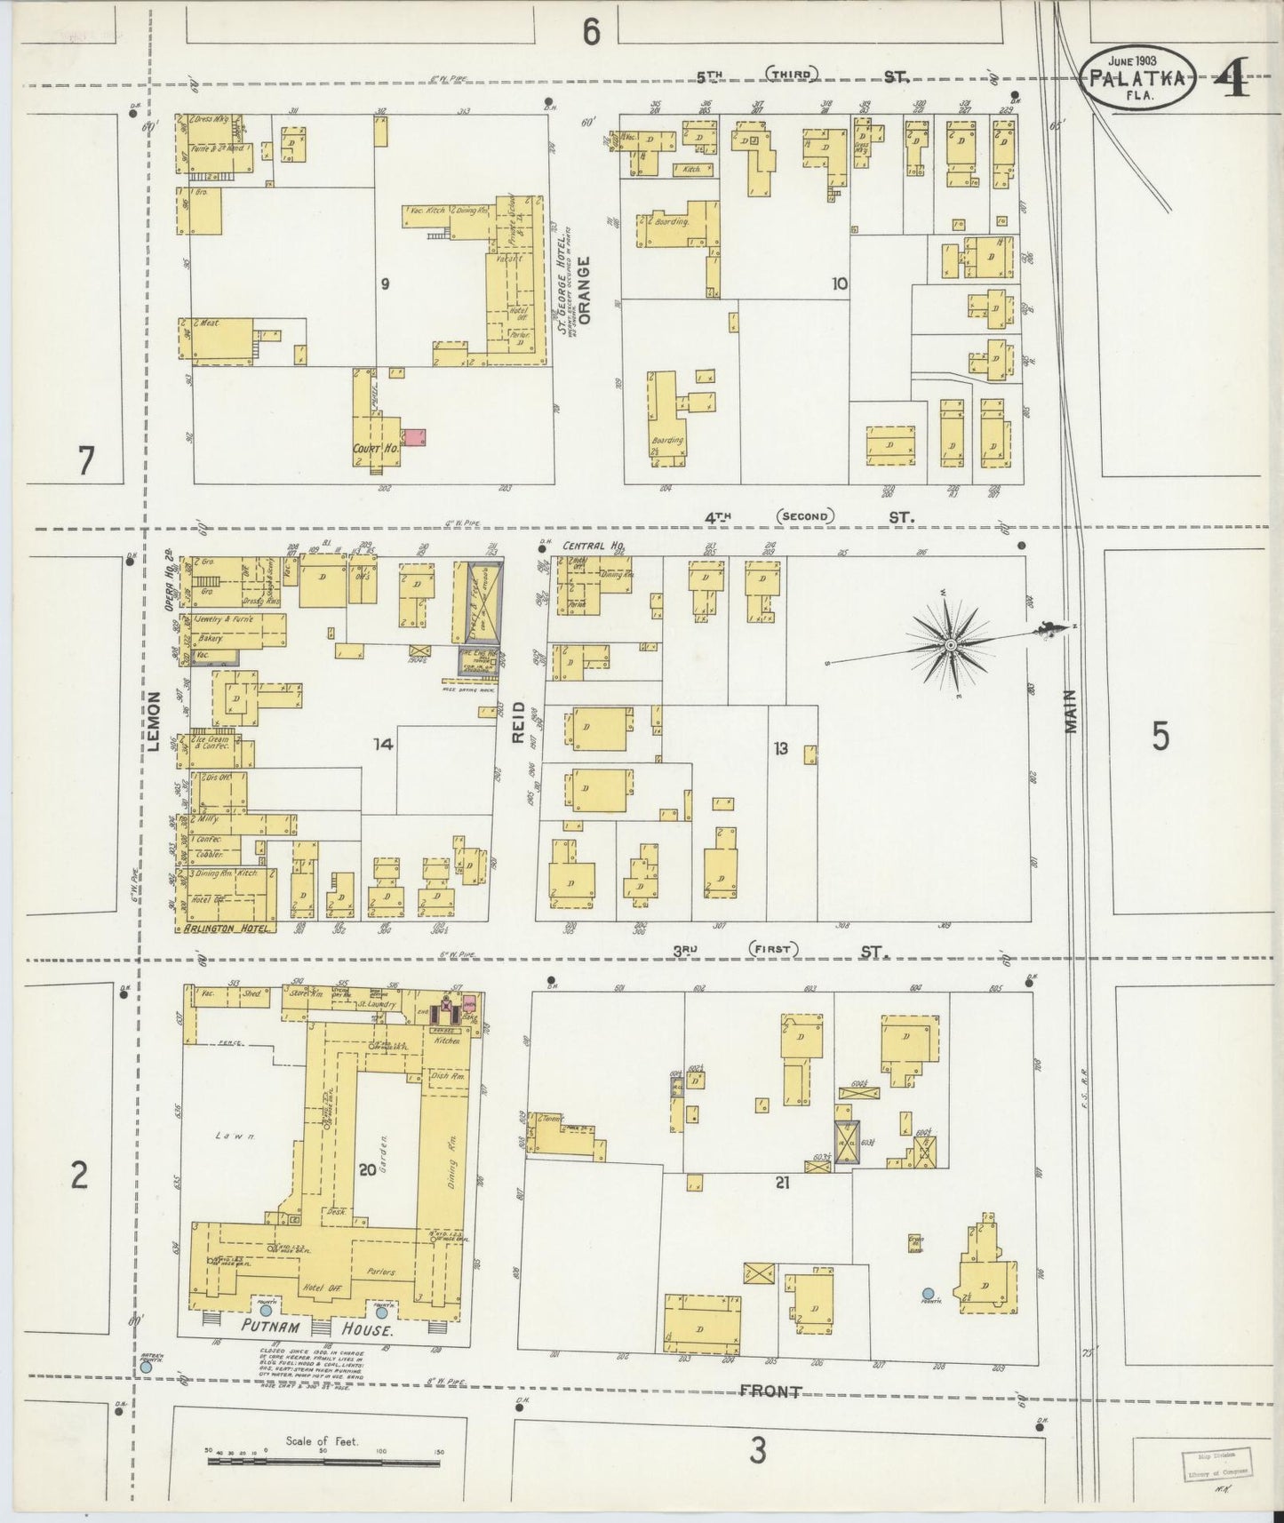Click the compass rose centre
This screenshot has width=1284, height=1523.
951,644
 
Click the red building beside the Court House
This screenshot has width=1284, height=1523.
415,437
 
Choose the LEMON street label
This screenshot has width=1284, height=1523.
155,722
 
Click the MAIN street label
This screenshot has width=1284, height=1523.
1072,711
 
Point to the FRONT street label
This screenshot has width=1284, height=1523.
770,1392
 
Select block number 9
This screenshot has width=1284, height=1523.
385,284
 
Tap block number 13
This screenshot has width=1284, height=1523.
780,748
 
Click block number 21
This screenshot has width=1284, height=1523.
782,1182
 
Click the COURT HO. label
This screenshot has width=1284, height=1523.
376,449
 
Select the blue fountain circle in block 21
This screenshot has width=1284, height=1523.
929,1293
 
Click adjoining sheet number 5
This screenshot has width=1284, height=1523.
1160,737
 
